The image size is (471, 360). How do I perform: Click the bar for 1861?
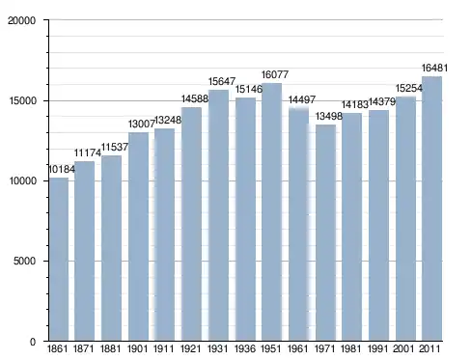click(x=59, y=260)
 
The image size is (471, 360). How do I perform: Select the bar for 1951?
click(x=271, y=212)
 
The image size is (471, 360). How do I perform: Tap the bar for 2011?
click(x=431, y=208)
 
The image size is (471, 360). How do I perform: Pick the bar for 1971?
click(x=325, y=233)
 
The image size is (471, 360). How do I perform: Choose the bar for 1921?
click(x=191, y=224)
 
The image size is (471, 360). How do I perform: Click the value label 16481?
click(x=434, y=69)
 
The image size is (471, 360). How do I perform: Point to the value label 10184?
click(x=62, y=169)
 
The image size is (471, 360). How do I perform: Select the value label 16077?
click(x=275, y=74)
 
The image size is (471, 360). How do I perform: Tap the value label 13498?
click(x=329, y=116)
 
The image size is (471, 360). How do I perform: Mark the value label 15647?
click(x=222, y=81)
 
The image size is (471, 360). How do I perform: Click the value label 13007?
click(x=142, y=124)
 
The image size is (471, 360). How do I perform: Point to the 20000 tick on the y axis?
click(x=22, y=20)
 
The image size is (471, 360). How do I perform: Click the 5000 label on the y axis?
click(x=24, y=261)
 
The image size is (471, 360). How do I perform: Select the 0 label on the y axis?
click(x=33, y=342)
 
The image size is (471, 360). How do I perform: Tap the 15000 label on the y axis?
click(x=22, y=100)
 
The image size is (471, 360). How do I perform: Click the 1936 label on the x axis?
click(x=245, y=348)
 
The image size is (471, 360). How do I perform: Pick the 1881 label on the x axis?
click(x=110, y=348)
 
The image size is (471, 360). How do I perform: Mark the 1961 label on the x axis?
click(x=298, y=348)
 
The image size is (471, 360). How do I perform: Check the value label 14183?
click(x=355, y=104)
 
